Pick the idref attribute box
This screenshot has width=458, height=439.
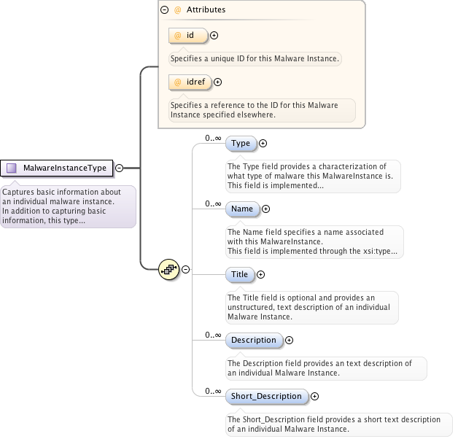pos(189,82)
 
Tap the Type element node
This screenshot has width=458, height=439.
pos(240,144)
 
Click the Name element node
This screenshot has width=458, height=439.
pos(241,209)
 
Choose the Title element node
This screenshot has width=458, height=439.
pos(239,275)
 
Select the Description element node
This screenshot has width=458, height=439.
pos(253,340)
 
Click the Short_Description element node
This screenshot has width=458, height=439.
pos(265,396)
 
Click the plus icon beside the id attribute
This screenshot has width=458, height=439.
pos(214,35)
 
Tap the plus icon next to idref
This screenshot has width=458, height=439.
pos(217,82)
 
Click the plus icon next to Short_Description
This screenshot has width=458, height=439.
pos(315,396)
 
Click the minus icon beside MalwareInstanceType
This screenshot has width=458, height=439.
pos(119,168)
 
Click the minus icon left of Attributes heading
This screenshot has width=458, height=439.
pos(164,10)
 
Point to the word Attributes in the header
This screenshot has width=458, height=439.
pos(206,10)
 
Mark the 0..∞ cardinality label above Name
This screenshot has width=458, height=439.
pos(213,203)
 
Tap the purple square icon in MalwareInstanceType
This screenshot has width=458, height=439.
pos(12,168)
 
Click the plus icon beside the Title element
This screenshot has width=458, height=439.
pos(261,275)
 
